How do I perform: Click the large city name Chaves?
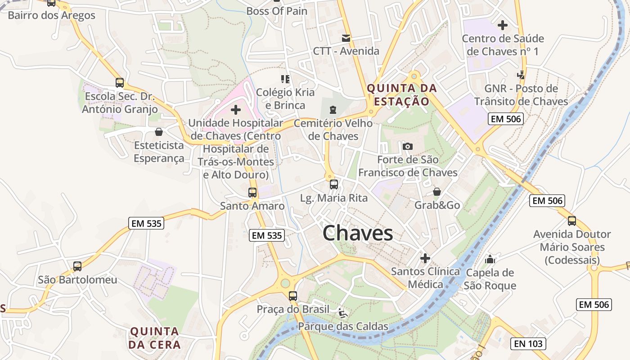coord(358,233)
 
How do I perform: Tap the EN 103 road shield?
coord(529,344)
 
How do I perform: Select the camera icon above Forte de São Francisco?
coord(408,146)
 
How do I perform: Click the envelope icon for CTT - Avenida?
coord(346,38)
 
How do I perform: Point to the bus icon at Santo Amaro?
coord(252,193)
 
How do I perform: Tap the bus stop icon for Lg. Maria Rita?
coord(333,184)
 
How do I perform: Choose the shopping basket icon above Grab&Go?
coord(436,192)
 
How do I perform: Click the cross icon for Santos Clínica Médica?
coord(425,258)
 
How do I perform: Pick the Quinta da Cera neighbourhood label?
coord(155,338)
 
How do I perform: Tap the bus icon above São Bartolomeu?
coord(77,266)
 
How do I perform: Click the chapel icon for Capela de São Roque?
coord(490,259)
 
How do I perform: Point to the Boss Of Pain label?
coord(277,11)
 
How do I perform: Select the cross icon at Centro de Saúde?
coord(502,25)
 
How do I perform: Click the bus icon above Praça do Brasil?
coord(293,296)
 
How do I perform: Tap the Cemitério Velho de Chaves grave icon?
coord(333,109)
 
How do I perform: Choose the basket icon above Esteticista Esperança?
coord(158,132)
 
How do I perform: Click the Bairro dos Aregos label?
coord(52,15)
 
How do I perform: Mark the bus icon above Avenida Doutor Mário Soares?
coord(571,221)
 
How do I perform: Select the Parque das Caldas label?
coord(343,326)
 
